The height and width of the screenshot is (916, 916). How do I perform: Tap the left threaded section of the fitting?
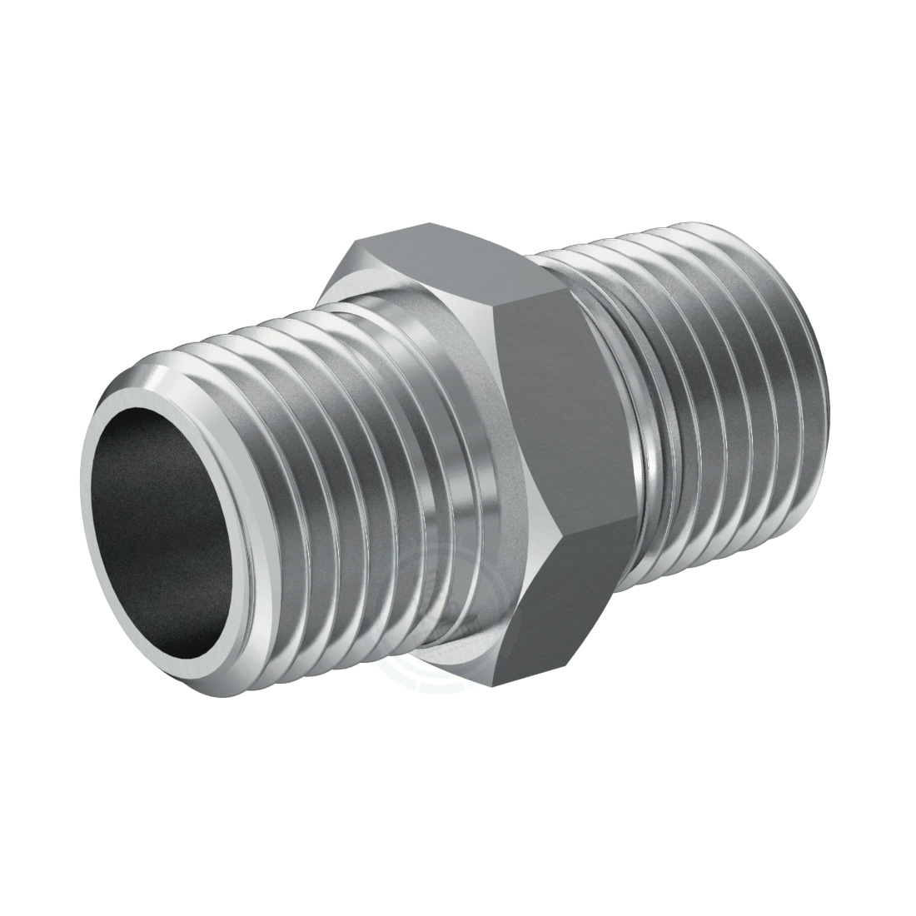(333, 450)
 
